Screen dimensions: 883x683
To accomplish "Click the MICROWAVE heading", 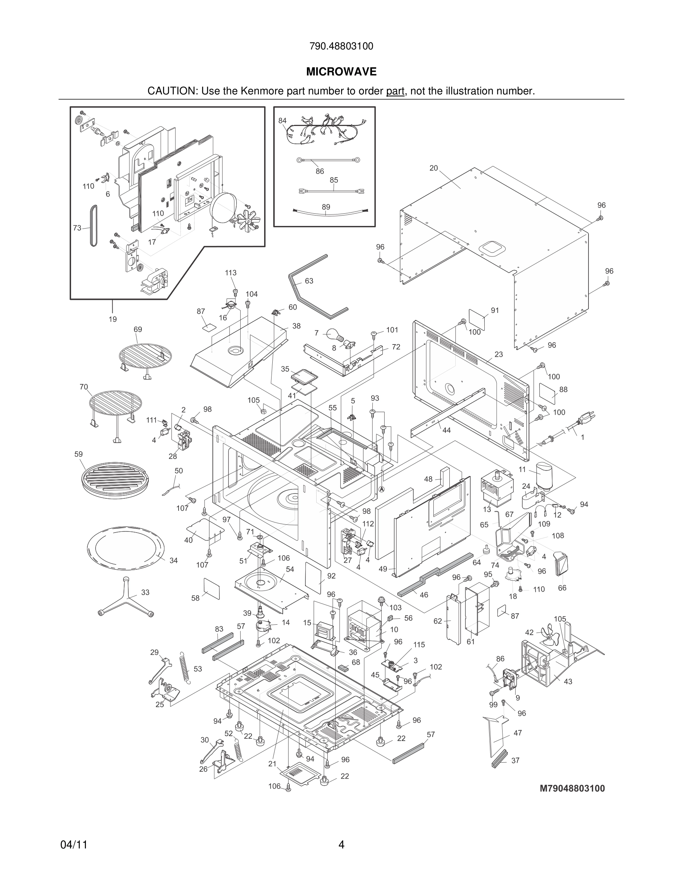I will [x=341, y=72].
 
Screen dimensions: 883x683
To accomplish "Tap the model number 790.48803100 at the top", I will [x=341, y=46].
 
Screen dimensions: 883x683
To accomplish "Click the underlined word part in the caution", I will [x=395, y=91].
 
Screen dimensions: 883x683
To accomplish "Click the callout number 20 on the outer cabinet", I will [x=433, y=168].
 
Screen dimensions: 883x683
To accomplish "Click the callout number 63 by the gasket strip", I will [x=309, y=281].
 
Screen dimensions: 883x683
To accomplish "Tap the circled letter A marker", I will [x=381, y=489].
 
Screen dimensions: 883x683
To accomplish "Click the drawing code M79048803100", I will [x=572, y=788].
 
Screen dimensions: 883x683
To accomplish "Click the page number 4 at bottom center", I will [x=341, y=845].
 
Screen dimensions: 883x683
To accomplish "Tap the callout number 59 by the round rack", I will [x=78, y=454].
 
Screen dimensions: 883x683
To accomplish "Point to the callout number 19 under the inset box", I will [x=112, y=319].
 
